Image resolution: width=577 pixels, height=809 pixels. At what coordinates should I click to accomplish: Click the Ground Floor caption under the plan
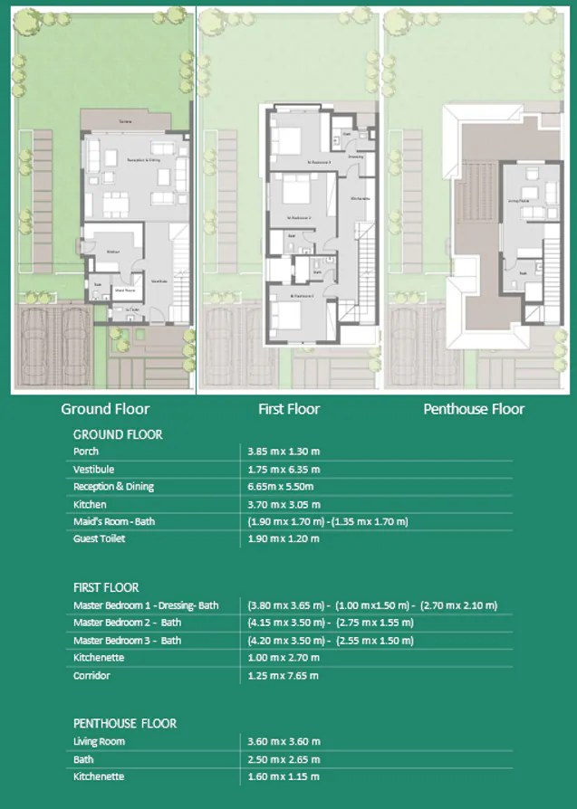click(x=105, y=409)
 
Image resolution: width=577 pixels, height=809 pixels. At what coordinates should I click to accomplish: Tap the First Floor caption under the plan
click(x=289, y=409)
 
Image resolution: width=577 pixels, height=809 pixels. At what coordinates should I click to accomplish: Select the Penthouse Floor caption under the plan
click(x=474, y=409)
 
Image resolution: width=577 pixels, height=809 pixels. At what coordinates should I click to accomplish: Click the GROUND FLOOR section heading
click(x=118, y=434)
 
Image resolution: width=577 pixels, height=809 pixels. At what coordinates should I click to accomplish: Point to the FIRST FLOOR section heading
click(x=106, y=587)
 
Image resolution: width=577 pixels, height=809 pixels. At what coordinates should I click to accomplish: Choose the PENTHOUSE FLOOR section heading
click(x=125, y=723)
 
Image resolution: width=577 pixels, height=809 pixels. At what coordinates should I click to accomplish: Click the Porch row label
click(x=86, y=452)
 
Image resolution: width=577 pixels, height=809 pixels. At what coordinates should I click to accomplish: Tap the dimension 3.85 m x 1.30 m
click(x=284, y=452)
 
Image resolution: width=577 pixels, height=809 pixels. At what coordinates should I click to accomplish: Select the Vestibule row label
click(x=93, y=470)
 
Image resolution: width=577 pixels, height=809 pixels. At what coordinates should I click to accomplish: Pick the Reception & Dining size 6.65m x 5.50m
click(x=284, y=487)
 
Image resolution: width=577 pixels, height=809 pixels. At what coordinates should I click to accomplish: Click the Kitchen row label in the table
click(x=90, y=504)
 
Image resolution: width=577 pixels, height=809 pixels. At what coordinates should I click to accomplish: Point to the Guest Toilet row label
click(x=100, y=539)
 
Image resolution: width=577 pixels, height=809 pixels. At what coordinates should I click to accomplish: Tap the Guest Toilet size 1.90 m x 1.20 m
click(x=284, y=539)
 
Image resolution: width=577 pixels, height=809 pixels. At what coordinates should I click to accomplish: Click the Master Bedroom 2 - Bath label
click(x=127, y=623)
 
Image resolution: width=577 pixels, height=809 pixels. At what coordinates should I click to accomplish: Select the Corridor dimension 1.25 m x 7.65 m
click(x=284, y=675)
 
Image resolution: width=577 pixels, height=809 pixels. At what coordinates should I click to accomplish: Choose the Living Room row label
click(x=99, y=741)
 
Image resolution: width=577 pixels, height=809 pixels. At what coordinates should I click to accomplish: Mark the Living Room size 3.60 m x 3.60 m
click(x=284, y=741)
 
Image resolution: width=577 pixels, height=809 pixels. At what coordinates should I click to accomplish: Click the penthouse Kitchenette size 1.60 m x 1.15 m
click(x=284, y=776)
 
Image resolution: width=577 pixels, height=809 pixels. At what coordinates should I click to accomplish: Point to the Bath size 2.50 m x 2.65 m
click(x=284, y=759)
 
